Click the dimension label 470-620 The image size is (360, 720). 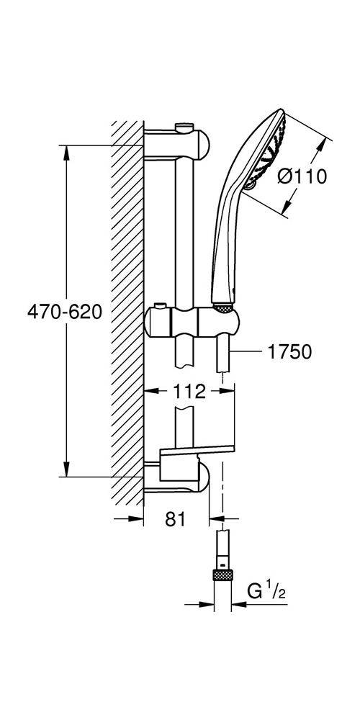65,312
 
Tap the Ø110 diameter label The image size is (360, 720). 302,176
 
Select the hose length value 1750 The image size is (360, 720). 289,352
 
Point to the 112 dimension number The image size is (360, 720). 189,392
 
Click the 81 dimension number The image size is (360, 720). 175,519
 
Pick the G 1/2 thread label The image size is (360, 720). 267,591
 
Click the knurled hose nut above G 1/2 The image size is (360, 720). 222,575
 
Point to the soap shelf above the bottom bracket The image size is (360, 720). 197,451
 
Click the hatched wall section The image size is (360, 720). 127,312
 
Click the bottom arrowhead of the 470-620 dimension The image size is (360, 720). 66,469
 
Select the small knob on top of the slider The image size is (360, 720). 160,306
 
